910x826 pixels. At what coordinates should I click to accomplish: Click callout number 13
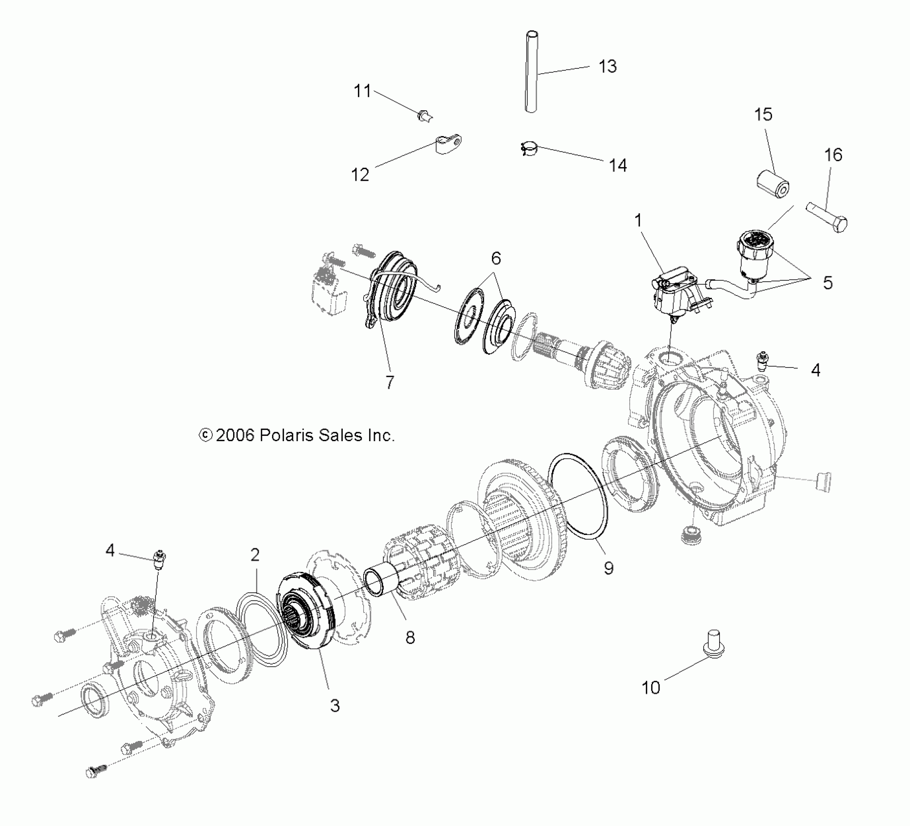607,67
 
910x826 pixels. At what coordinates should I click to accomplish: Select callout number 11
362,91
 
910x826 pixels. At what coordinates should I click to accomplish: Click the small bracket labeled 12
447,144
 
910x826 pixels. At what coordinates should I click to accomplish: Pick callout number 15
763,115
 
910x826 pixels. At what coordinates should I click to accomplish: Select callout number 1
638,221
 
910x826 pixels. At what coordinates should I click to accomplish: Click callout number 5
827,283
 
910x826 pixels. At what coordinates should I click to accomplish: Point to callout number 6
496,258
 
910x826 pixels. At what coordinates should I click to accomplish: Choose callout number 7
389,382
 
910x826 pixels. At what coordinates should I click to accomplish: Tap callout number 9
608,568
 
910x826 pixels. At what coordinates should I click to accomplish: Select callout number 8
410,637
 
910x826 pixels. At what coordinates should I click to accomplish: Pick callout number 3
335,705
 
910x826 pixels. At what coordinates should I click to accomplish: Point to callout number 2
255,555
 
